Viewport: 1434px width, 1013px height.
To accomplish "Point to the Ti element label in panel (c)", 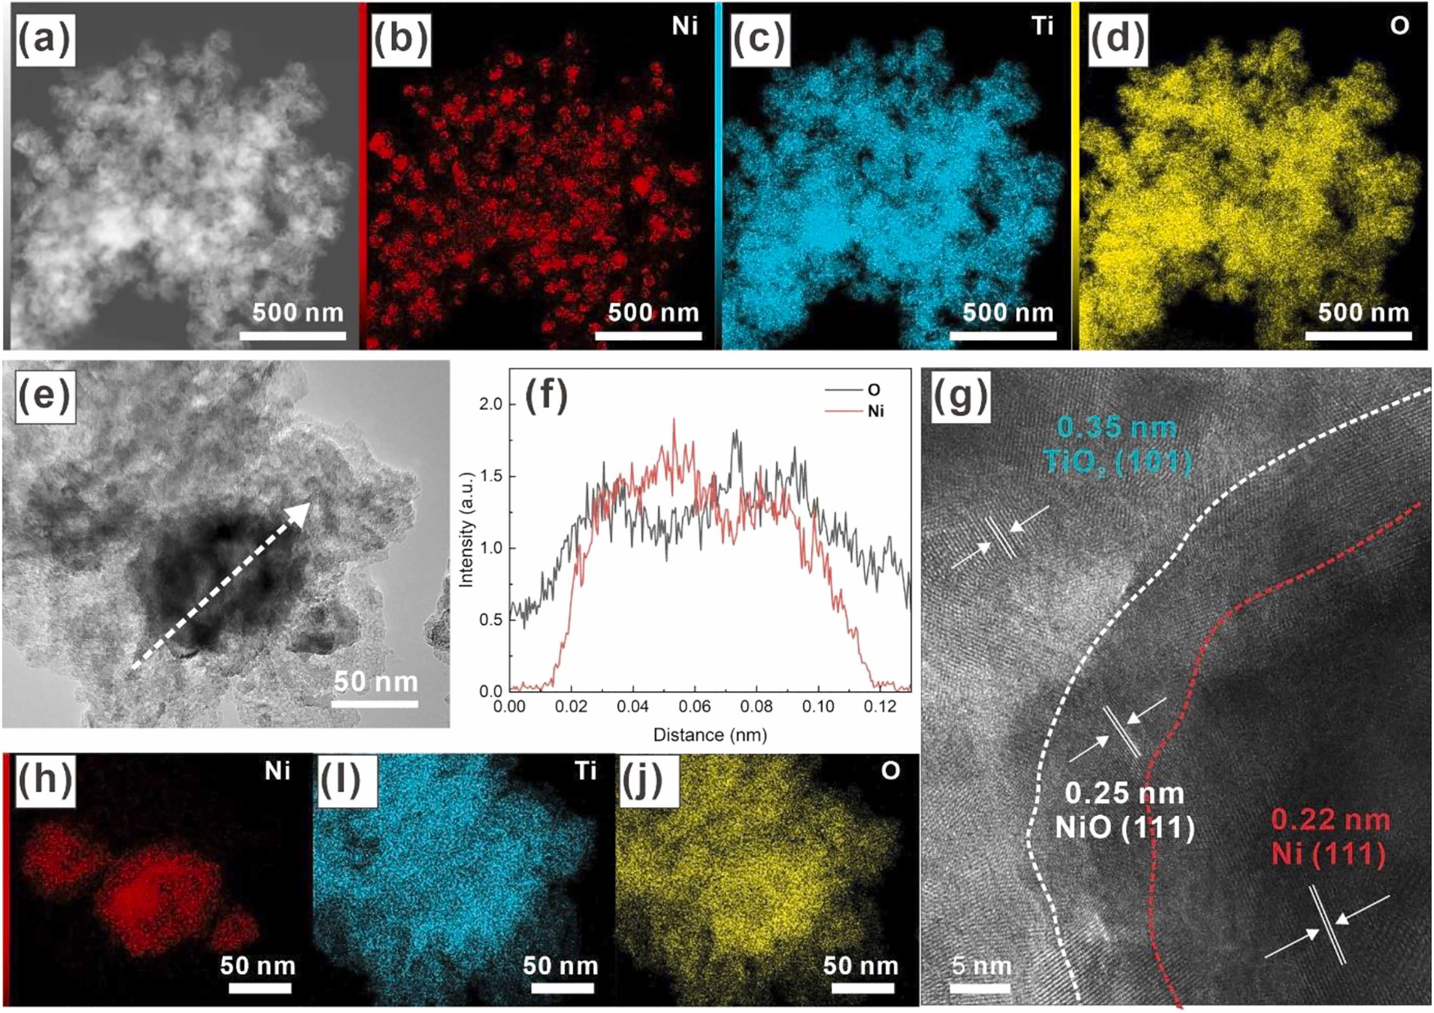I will (1042, 28).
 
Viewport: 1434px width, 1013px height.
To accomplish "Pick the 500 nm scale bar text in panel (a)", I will (298, 312).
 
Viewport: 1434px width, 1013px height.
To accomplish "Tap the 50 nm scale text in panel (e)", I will (375, 681).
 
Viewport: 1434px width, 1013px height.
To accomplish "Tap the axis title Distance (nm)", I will (709, 734).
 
